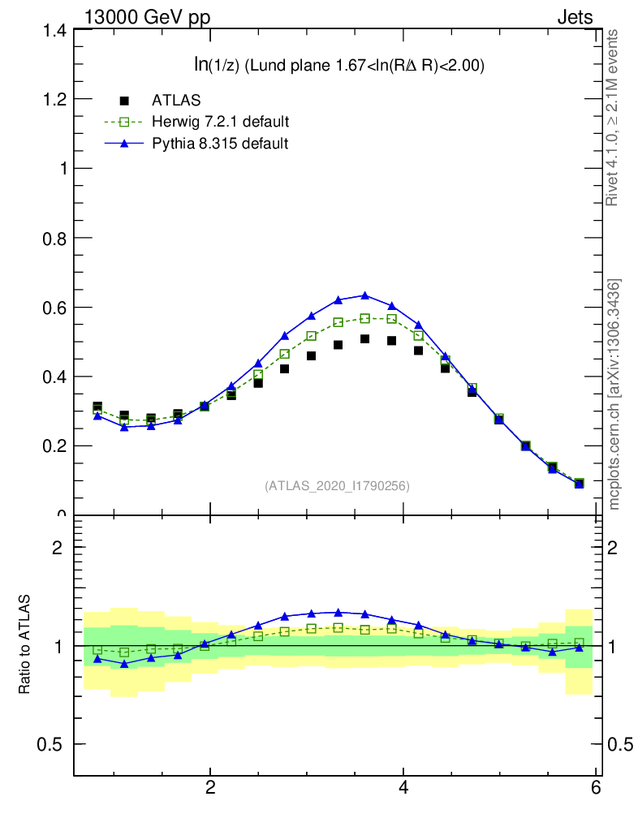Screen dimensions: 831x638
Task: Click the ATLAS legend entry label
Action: coord(176,101)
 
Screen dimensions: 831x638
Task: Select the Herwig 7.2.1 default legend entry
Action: coord(220,122)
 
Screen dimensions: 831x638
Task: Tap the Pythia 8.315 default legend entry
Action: coord(219,144)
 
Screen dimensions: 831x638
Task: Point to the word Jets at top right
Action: coord(575,17)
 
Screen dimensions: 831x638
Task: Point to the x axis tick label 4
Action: coord(403,788)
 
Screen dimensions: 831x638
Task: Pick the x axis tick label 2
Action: coord(210,788)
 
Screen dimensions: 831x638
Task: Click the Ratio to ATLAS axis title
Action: coord(25,645)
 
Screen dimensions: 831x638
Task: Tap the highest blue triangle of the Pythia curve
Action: coord(364,295)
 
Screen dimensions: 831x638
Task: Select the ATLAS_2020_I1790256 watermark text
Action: coord(337,486)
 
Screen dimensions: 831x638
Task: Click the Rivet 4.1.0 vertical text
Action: coord(613,118)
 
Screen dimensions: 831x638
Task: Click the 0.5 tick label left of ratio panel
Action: coord(50,745)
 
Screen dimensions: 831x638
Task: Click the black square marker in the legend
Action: coord(124,101)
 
